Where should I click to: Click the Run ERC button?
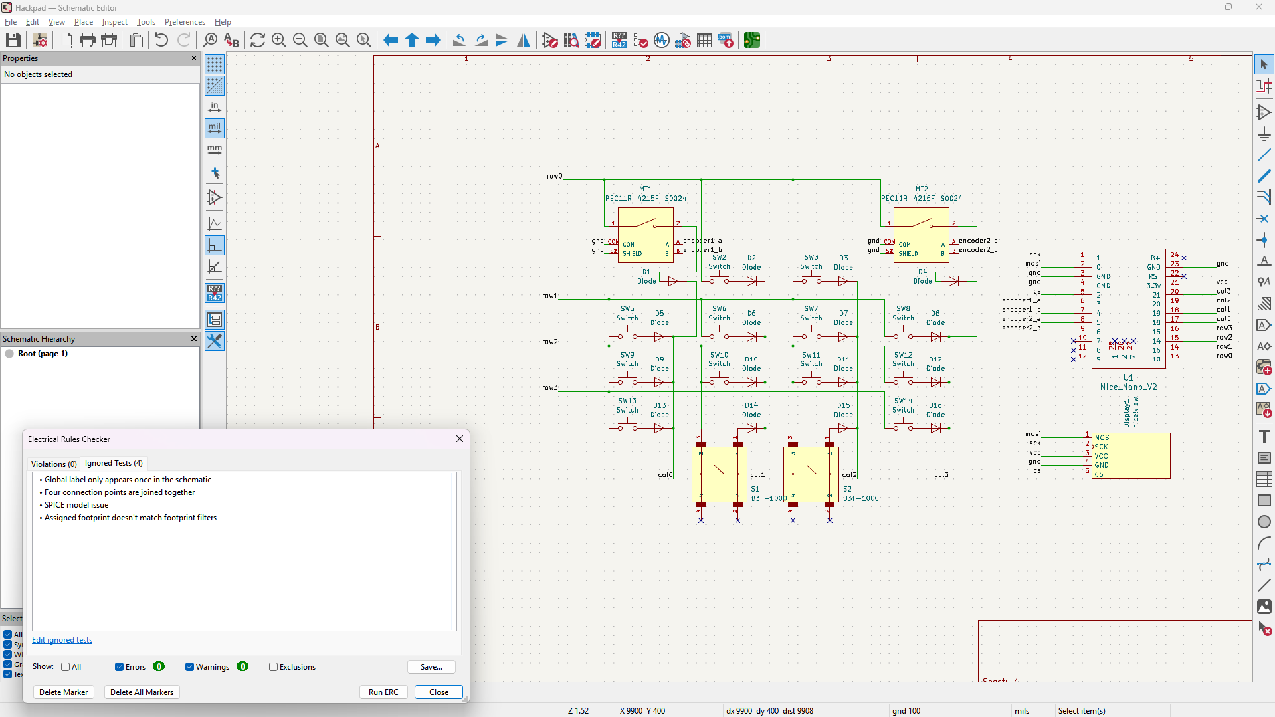click(383, 692)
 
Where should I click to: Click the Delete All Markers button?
click(142, 692)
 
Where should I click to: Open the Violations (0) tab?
click(54, 464)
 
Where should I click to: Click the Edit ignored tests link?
click(62, 640)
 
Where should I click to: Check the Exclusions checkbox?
click(273, 666)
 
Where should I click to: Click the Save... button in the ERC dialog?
click(431, 666)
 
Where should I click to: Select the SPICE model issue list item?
click(76, 505)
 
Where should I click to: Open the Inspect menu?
click(114, 22)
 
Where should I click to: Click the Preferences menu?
click(185, 22)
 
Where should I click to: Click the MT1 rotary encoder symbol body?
click(645, 236)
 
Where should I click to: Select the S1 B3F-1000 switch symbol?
click(719, 474)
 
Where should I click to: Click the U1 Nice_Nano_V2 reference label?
click(1128, 377)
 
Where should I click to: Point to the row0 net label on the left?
click(554, 176)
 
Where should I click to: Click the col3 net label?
click(941, 475)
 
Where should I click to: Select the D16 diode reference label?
click(935, 405)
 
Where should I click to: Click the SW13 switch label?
click(627, 401)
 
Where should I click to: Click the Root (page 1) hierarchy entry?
click(43, 354)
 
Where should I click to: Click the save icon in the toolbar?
click(13, 40)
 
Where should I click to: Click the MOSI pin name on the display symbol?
click(1103, 437)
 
